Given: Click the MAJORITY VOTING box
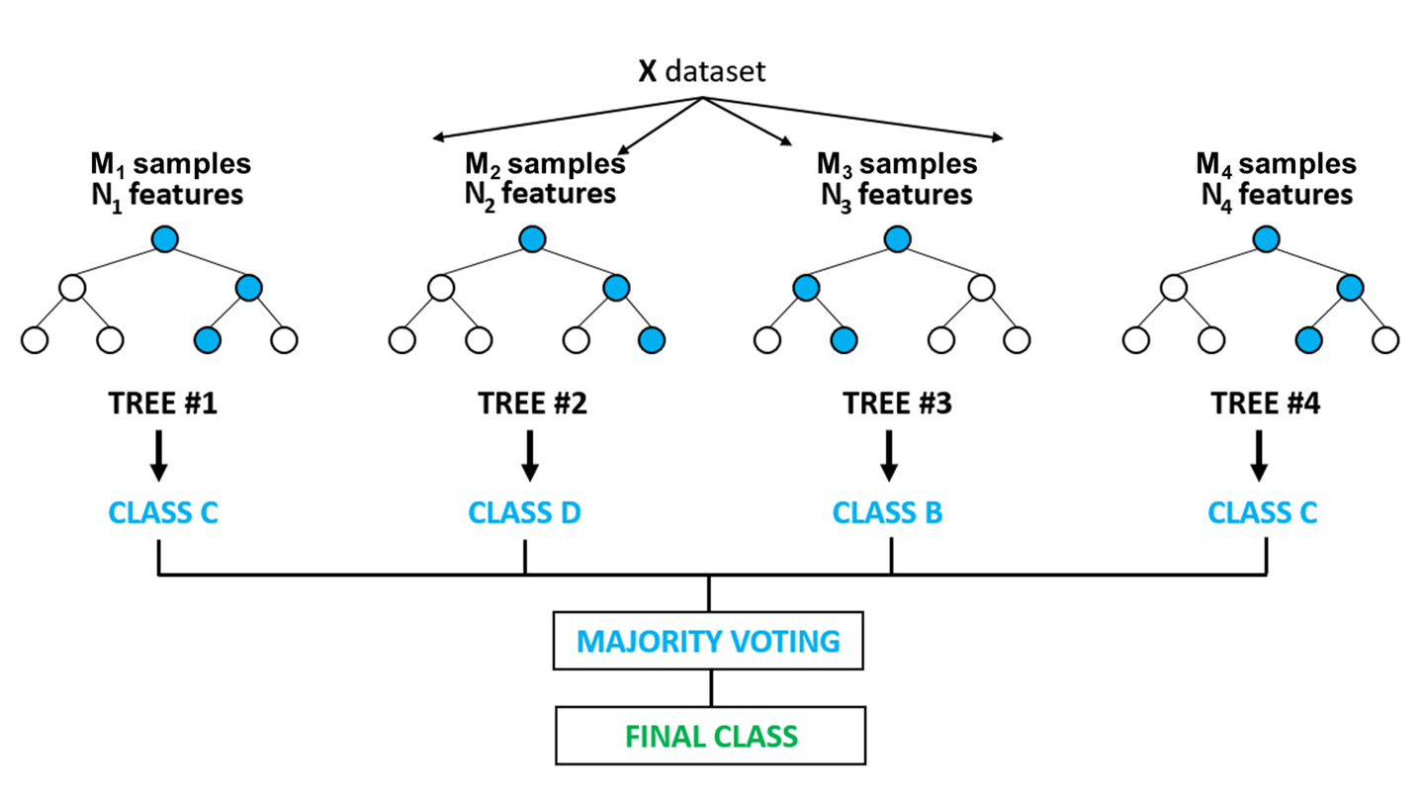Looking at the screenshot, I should click(x=709, y=641).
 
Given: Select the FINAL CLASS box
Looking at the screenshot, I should click(x=709, y=736).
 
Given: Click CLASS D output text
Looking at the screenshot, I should click(x=524, y=514).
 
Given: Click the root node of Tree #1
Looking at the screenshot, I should click(x=164, y=238).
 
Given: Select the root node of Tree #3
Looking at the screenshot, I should click(x=896, y=238).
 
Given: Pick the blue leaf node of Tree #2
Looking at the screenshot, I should click(x=651, y=340).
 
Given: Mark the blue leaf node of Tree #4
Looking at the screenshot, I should click(x=1310, y=340).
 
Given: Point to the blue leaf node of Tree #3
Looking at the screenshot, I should click(x=843, y=340).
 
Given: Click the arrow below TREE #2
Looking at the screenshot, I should click(x=530, y=454).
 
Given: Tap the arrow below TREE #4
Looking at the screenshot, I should click(x=1259, y=454).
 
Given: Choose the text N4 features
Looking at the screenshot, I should click(x=1276, y=194).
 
